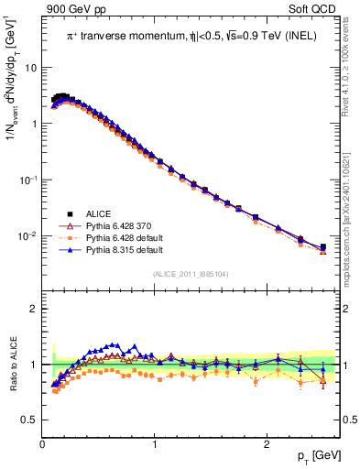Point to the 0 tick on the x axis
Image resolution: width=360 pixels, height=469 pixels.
click(x=42, y=444)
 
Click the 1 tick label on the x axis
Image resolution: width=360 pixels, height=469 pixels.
click(x=154, y=444)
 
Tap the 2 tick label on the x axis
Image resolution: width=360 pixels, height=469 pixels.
click(x=266, y=444)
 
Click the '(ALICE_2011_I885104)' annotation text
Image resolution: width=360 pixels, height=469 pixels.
click(x=191, y=273)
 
